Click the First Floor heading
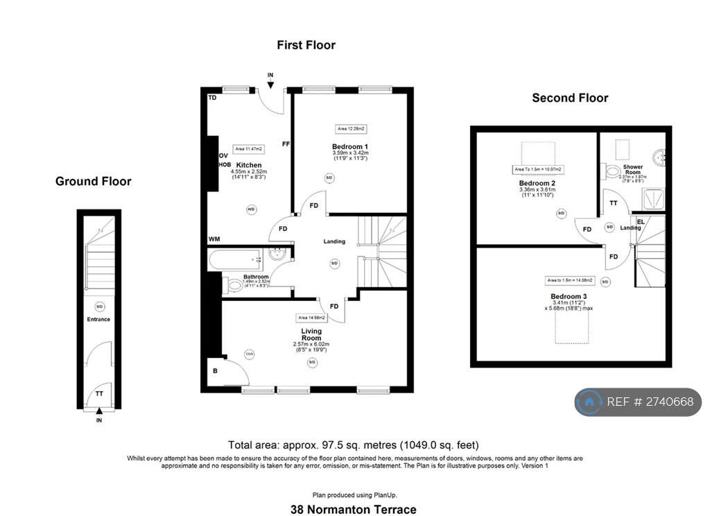[x=306, y=45]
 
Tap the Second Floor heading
[x=570, y=98]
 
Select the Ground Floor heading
[x=93, y=182]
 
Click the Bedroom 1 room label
[x=350, y=146]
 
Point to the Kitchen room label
[x=248, y=165]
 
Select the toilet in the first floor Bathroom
[x=233, y=284]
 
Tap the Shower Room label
[x=632, y=169]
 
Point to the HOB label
[x=225, y=164]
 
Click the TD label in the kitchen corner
[x=212, y=98]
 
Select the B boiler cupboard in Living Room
[x=216, y=371]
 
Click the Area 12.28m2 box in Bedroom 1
[x=351, y=128]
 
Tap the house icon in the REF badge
[x=589, y=402]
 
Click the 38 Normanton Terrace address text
[x=354, y=510]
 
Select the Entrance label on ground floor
[x=98, y=320]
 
